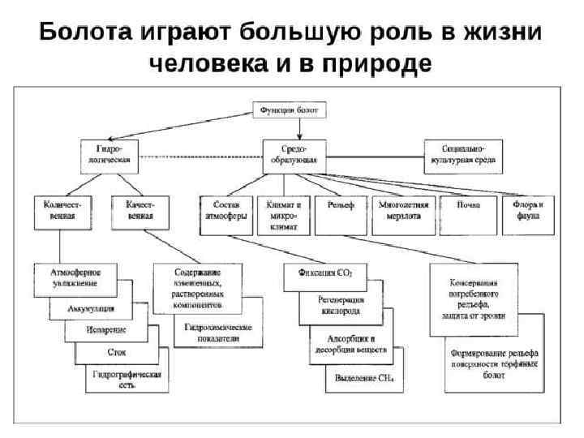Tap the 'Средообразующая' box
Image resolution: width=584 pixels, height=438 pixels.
point(294,155)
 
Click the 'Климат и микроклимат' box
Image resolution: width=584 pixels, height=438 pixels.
point(282,215)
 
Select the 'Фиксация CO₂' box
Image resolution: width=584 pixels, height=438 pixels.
point(325,274)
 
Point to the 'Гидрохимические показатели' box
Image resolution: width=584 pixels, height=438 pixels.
point(217,333)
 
